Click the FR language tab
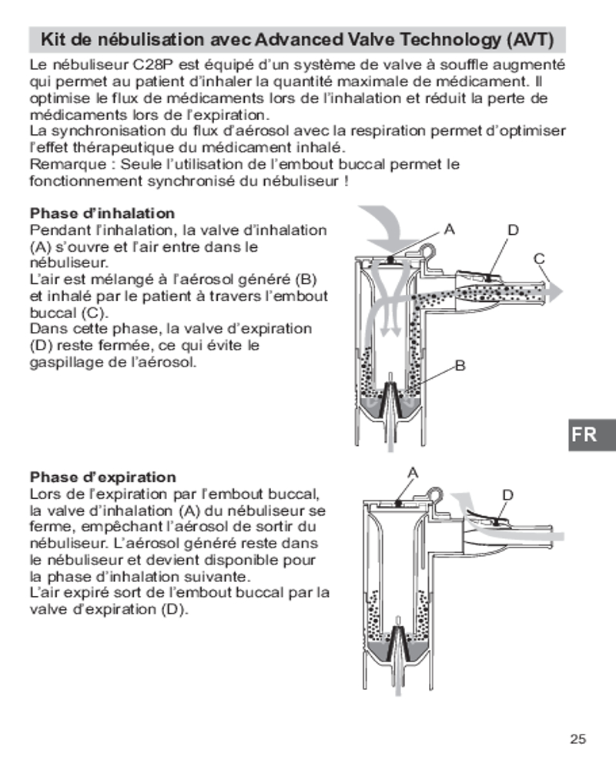click(584, 434)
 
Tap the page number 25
click(578, 739)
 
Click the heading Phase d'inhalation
click(102, 213)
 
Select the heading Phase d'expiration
click(102, 477)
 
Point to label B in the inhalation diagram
click(460, 367)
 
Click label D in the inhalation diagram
click(513, 229)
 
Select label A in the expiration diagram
click(412, 473)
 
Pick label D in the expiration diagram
click(507, 494)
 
